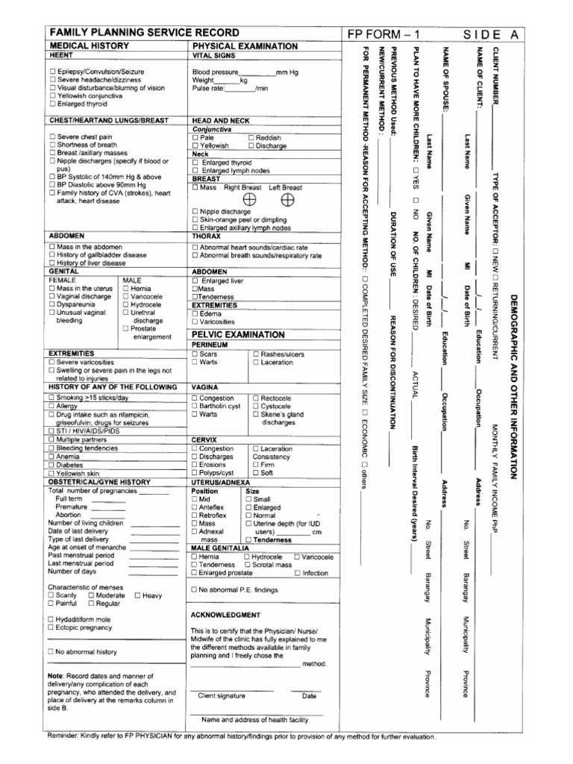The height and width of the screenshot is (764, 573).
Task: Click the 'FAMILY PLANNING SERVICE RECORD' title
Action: click(145, 34)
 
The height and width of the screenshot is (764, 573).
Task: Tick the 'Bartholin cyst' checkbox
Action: click(195, 407)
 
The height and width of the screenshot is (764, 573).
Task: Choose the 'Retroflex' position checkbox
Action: click(195, 516)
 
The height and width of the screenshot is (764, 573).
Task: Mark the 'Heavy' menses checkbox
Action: click(137, 595)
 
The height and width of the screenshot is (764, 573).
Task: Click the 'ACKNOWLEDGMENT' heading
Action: click(225, 615)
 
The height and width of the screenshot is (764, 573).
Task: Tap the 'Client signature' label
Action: click(221, 696)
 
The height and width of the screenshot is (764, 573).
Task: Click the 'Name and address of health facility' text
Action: click(254, 720)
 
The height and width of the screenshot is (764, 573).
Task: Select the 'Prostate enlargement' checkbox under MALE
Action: click(125, 328)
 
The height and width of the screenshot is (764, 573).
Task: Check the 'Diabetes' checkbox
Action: click(51, 465)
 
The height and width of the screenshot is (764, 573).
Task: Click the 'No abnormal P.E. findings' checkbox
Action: click(195, 589)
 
